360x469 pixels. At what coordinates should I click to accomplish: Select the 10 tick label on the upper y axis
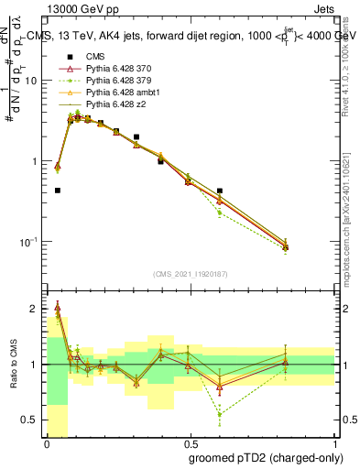(x=31, y=81)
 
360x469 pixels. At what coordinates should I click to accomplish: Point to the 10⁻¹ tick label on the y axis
(x=28, y=242)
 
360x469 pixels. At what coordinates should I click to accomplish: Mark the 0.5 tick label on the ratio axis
(x=31, y=420)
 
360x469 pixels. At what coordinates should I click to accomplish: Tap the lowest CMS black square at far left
(x=58, y=191)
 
